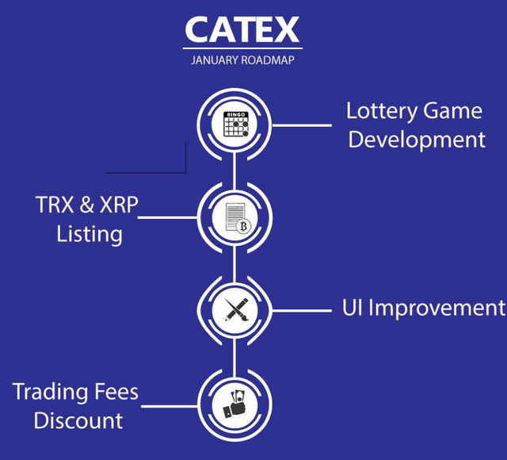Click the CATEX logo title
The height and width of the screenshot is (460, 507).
pyautogui.click(x=242, y=29)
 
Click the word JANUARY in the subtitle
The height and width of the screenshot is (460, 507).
pyautogui.click(x=215, y=60)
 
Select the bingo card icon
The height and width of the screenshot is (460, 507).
pyautogui.click(x=234, y=125)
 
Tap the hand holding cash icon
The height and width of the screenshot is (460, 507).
pyautogui.click(x=234, y=402)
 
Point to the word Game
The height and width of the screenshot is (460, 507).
pyautogui.click(x=453, y=111)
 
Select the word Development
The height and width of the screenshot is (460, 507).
pyautogui.click(x=417, y=140)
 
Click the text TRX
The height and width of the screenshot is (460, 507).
pyautogui.click(x=55, y=205)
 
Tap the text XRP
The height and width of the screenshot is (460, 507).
pyautogui.click(x=117, y=205)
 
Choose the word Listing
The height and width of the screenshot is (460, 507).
pyautogui.click(x=90, y=235)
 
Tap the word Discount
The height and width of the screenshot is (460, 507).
pyautogui.click(x=78, y=420)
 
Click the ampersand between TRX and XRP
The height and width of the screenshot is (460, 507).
pyautogui.click(x=86, y=205)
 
